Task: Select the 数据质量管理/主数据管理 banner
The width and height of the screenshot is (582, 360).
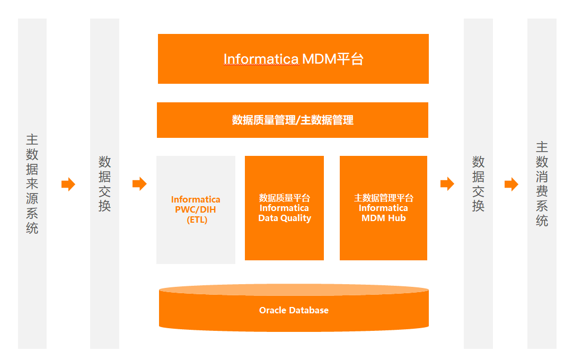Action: pyautogui.click(x=293, y=120)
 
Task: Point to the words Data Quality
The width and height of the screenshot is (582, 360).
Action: pyautogui.click(x=285, y=218)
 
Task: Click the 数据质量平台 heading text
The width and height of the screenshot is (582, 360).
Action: pyautogui.click(x=285, y=198)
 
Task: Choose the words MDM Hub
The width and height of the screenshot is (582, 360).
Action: pyautogui.click(x=383, y=218)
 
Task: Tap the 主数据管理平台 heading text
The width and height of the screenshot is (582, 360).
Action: pyautogui.click(x=384, y=198)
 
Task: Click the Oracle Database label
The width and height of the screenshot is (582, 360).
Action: pyautogui.click(x=294, y=311)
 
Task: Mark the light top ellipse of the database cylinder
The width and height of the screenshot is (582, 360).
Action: pyautogui.click(x=294, y=290)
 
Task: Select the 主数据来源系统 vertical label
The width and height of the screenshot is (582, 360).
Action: pyautogui.click(x=32, y=184)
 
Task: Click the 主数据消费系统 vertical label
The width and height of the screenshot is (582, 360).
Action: pyautogui.click(x=542, y=184)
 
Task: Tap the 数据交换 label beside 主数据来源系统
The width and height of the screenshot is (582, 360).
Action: pyautogui.click(x=104, y=184)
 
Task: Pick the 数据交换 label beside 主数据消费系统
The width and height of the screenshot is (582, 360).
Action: pyautogui.click(x=478, y=184)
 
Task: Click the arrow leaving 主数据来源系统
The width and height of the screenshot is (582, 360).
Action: pyautogui.click(x=68, y=185)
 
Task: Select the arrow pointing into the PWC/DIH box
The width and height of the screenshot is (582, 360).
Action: pyautogui.click(x=139, y=184)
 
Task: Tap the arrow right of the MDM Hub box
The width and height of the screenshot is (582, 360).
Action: pyautogui.click(x=447, y=184)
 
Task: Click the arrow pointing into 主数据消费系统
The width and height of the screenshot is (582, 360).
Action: pyautogui.click(x=511, y=185)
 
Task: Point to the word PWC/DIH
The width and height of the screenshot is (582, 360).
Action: pyautogui.click(x=196, y=210)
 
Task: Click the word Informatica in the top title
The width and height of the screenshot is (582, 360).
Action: pyautogui.click(x=261, y=59)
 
